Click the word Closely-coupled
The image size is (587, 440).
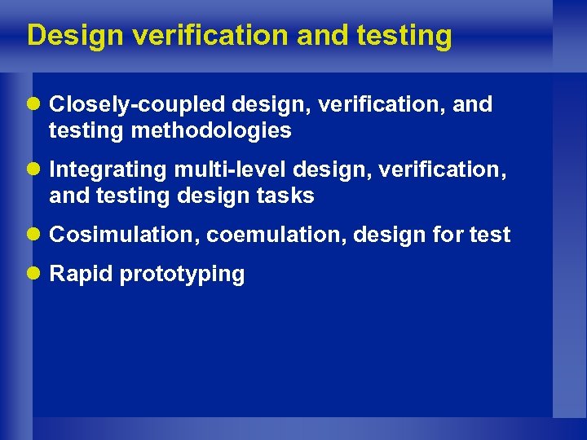tap(138, 105)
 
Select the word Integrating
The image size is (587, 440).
tap(108, 169)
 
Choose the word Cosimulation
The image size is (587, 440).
tap(124, 235)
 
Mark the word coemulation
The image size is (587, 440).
tap(276, 235)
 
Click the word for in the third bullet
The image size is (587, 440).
tap(450, 235)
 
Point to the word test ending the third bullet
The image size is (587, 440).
tap(491, 235)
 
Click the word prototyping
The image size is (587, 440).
tap(182, 275)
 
